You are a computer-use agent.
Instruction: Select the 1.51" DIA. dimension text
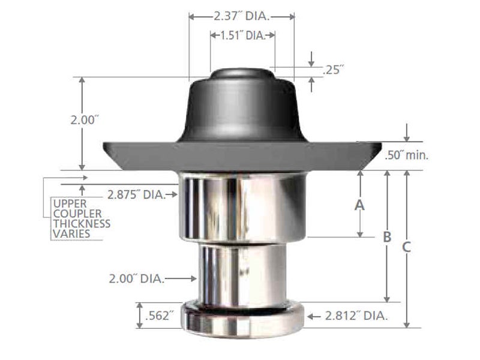pos(241,36)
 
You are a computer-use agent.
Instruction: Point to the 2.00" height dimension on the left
pos(83,120)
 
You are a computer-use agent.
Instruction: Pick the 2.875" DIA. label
pos(136,194)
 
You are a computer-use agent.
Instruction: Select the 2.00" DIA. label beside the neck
pos(136,278)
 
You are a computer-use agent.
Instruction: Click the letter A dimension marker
pos(359,205)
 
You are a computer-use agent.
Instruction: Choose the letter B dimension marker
pos(387,237)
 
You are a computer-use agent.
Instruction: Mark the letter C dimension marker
pos(407,246)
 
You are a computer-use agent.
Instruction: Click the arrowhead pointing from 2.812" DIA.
pos(310,316)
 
